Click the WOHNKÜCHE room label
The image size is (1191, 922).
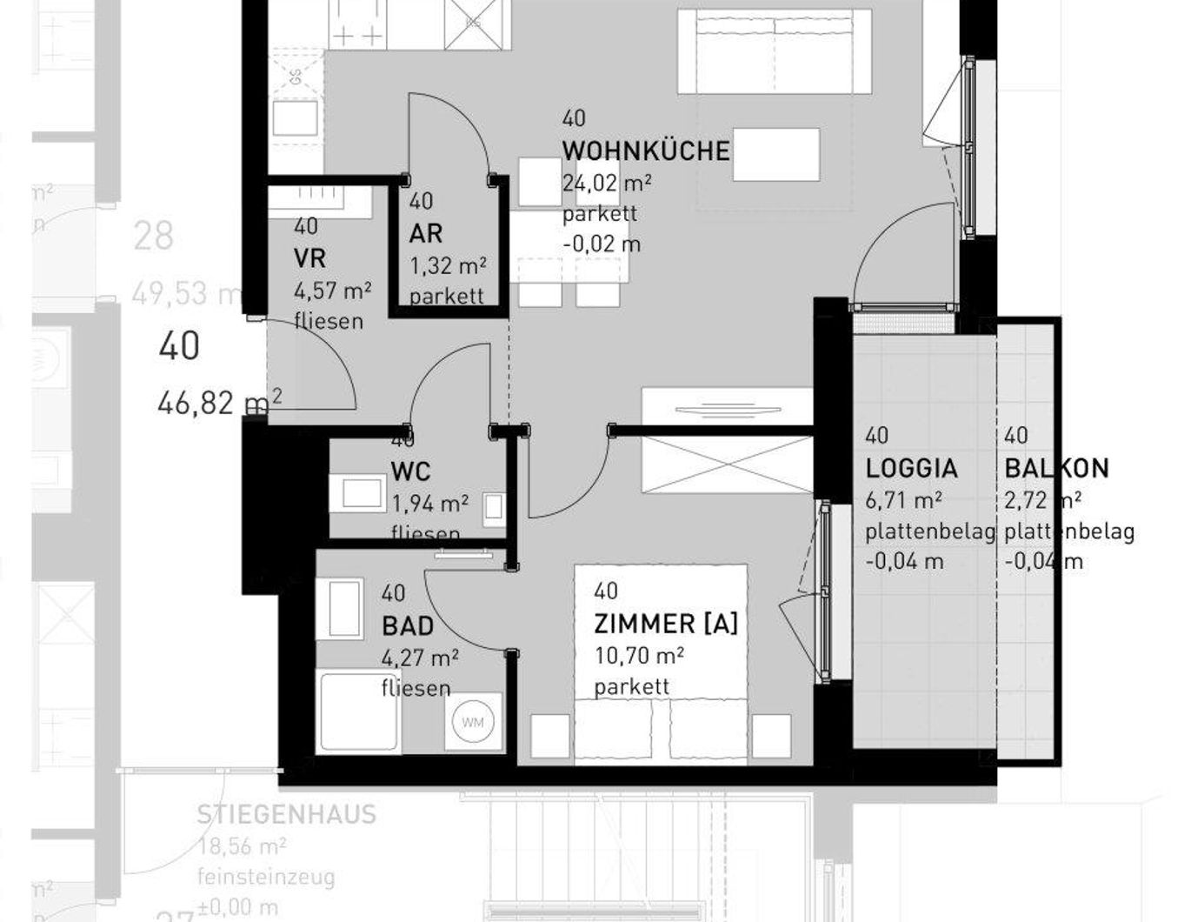(x=645, y=150)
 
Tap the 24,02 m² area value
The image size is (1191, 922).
(x=607, y=183)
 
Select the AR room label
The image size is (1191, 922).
(x=426, y=233)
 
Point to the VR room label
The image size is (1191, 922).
(x=309, y=258)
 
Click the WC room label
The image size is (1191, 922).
(x=410, y=472)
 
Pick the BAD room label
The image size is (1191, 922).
(x=407, y=625)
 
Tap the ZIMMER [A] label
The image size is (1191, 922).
(x=665, y=624)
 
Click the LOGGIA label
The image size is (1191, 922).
(x=911, y=468)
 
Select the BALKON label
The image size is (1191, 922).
(x=1056, y=468)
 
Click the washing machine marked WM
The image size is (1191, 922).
(x=472, y=723)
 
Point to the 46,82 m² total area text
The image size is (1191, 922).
(x=220, y=403)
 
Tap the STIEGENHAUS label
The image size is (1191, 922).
(x=286, y=815)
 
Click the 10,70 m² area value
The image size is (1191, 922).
(x=639, y=655)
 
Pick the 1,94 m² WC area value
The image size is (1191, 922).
(x=430, y=503)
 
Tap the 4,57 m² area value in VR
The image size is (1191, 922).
(x=333, y=289)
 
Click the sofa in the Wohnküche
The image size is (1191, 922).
(x=774, y=52)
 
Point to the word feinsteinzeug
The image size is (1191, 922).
(x=266, y=877)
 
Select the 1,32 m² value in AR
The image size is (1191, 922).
(x=448, y=264)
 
